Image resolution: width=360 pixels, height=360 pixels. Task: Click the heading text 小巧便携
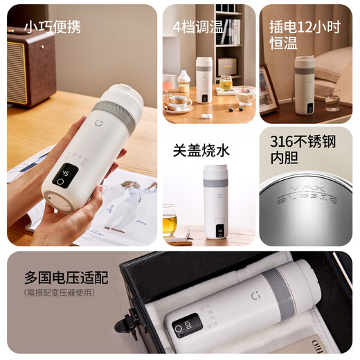(x=53, y=27)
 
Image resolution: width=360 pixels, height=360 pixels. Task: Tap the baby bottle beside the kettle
(x=183, y=82)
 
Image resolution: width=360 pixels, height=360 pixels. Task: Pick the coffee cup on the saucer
(x=179, y=102)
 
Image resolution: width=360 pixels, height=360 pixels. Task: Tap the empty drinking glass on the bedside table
(x=333, y=99)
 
